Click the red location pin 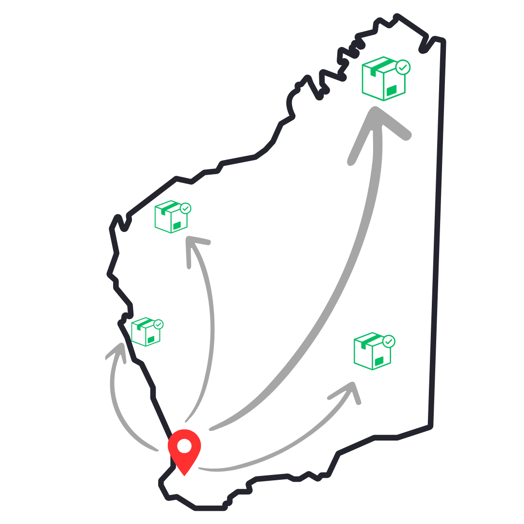click(184, 449)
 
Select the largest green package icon click(384, 79)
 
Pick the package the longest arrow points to click(384, 79)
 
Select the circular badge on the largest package click(404, 65)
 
